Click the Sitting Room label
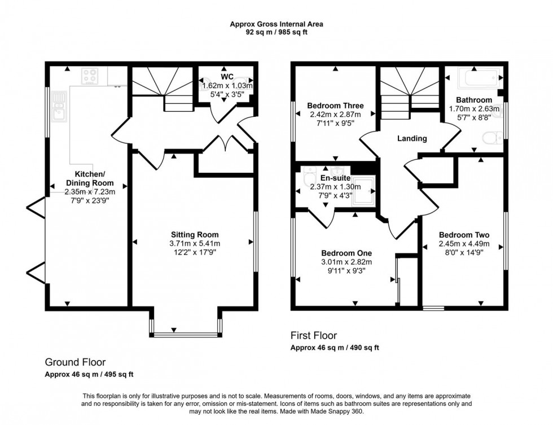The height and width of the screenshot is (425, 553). [195, 234]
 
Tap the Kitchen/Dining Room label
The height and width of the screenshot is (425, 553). [90, 178]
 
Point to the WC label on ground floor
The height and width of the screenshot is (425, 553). [227, 77]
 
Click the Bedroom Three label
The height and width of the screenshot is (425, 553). [335, 106]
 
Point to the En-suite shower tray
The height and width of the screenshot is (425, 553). [367, 189]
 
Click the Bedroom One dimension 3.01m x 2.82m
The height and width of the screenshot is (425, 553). [346, 261]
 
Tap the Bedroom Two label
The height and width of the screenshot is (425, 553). [464, 235]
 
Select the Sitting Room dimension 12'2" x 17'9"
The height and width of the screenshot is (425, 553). [195, 252]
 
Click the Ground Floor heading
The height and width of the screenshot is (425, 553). [75, 362]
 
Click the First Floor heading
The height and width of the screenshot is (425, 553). [314, 336]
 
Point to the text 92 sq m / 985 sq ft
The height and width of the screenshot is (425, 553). [276, 32]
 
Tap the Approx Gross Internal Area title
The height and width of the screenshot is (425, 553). [276, 24]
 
